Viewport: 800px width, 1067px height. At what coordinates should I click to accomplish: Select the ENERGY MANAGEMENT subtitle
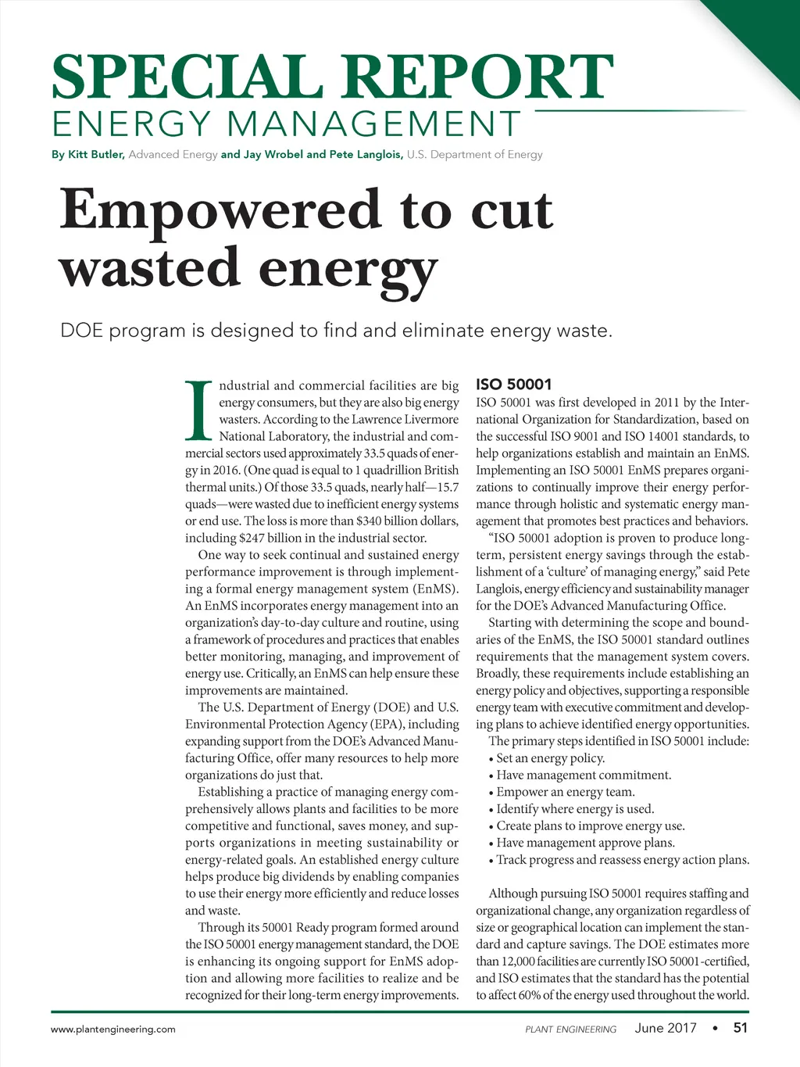tap(286, 124)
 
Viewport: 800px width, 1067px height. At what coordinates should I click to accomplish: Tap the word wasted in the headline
tap(149, 267)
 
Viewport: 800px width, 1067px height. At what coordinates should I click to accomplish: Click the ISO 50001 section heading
tap(513, 385)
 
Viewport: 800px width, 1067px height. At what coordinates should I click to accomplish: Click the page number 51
tap(740, 1028)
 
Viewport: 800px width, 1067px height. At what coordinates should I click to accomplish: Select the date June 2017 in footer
tap(666, 1028)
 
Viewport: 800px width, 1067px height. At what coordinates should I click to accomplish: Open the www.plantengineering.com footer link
tap(113, 1029)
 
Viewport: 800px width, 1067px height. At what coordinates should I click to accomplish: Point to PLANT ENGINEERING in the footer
tap(570, 1029)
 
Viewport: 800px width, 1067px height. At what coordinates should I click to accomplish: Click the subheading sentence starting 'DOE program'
tap(336, 331)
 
